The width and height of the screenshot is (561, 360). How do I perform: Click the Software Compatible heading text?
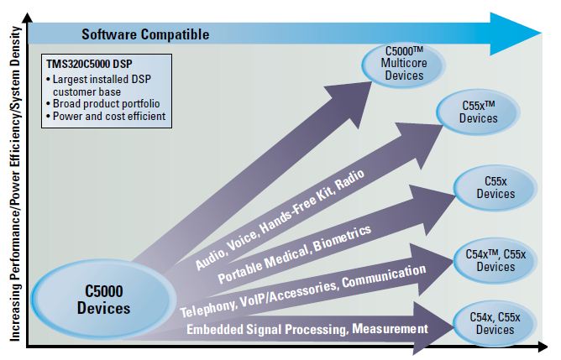point(144,34)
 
